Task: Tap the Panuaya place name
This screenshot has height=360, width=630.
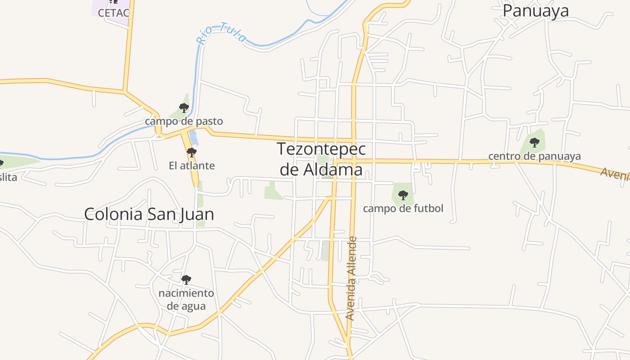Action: (x=535, y=10)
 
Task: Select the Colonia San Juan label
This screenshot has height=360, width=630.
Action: (x=149, y=214)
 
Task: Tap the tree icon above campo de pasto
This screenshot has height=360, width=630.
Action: (x=184, y=108)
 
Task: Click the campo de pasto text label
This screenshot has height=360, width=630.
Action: (x=184, y=121)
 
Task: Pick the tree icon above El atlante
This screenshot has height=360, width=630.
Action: (x=192, y=152)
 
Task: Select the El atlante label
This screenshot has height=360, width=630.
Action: (x=192, y=166)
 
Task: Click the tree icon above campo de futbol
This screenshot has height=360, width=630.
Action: (x=403, y=195)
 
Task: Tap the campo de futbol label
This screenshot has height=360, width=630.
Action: (x=403, y=208)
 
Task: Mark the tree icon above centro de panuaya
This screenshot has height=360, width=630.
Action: (x=535, y=143)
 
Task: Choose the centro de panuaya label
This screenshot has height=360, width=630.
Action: (x=535, y=156)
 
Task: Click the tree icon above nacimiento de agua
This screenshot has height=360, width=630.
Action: (x=186, y=280)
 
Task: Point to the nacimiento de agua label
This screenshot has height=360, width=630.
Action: (x=186, y=300)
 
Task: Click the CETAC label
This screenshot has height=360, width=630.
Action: (x=113, y=13)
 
